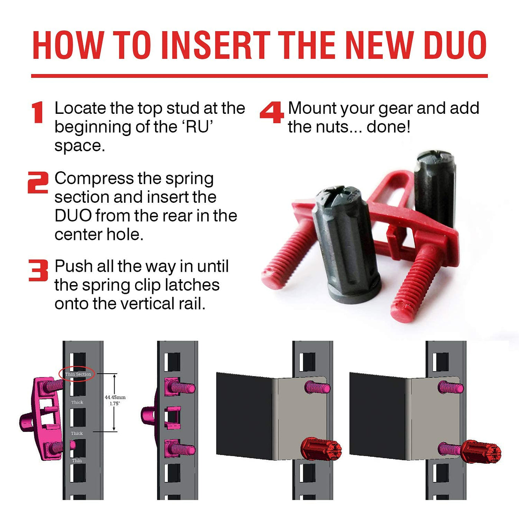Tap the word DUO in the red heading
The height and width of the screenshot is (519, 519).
455,45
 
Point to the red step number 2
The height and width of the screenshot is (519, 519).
38,183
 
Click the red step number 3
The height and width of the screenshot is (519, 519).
38,270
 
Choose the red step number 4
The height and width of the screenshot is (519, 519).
272,112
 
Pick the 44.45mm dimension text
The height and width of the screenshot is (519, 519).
115,397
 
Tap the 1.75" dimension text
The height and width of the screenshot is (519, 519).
115,403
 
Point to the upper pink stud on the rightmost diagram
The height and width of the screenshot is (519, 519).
450,387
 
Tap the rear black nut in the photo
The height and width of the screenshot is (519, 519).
434,189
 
